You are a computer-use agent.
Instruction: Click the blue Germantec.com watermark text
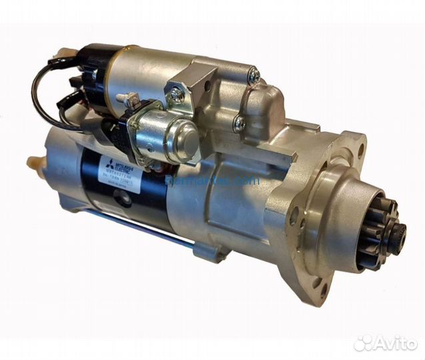[x=203, y=180]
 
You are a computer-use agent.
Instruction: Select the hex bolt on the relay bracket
[x=176, y=95]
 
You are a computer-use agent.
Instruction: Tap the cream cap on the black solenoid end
[x=66, y=52]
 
